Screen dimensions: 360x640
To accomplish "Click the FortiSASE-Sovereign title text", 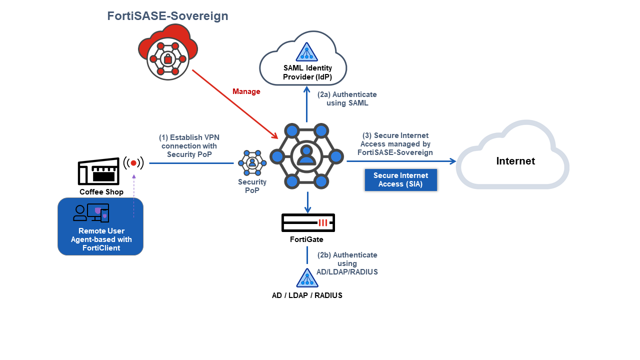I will (x=167, y=16).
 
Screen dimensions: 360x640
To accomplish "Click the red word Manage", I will (x=246, y=91).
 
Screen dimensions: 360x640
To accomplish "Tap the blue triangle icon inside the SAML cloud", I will (x=306, y=52).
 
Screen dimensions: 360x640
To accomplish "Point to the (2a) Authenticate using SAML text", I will (x=347, y=98).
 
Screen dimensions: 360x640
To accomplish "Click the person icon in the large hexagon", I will (x=306, y=156).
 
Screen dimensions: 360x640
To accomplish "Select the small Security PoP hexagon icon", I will (x=252, y=162).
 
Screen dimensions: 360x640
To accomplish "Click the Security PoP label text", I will (x=252, y=186).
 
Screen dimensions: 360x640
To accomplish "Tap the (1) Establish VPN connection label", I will (x=189, y=145).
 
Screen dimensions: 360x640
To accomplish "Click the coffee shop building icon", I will (x=99, y=172).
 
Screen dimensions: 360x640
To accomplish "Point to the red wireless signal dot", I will (x=133, y=163).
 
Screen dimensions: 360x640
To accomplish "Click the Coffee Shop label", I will (x=101, y=192).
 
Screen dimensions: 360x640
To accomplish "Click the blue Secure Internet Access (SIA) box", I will (x=400, y=179).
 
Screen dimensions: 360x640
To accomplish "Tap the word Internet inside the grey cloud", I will (x=515, y=161).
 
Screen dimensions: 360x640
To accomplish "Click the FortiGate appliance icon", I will (x=307, y=223).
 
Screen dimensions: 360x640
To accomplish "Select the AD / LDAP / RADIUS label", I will (x=307, y=295).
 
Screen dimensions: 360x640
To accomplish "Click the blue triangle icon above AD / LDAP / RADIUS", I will (x=307, y=278).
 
